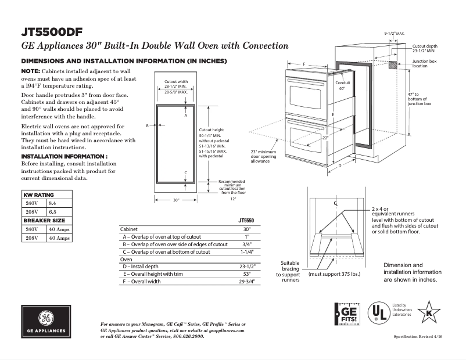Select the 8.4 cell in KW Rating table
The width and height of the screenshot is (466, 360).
(52, 203)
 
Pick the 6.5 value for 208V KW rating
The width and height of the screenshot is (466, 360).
(52, 213)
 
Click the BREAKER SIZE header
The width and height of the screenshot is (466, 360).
(44, 221)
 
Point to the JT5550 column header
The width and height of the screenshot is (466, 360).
(246, 221)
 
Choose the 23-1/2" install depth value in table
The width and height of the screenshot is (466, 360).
(246, 267)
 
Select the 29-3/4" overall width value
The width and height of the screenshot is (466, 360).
(246, 282)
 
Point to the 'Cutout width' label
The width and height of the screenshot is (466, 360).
(176, 82)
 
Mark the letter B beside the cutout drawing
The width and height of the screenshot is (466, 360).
(148, 125)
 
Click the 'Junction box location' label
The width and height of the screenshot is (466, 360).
(424, 63)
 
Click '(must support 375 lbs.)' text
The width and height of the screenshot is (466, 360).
(335, 273)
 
